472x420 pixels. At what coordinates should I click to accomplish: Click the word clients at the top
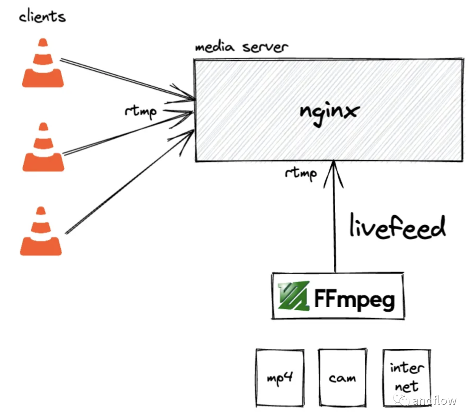tap(42, 17)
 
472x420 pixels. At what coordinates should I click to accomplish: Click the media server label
tap(241, 47)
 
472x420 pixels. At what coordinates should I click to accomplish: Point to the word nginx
tap(329, 111)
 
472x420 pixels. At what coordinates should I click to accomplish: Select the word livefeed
tap(397, 227)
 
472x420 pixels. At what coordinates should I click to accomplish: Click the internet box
tap(406, 377)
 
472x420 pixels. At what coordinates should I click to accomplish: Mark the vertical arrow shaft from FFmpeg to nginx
tap(335, 219)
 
